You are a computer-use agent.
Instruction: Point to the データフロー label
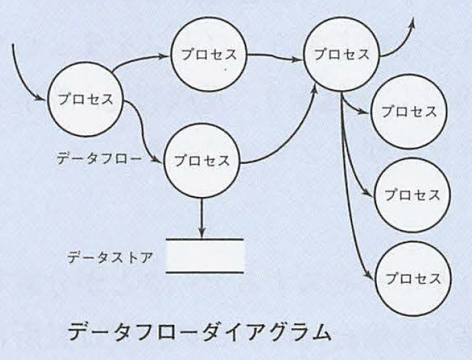99,158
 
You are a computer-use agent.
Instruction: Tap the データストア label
110,257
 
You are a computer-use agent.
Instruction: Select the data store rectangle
205,256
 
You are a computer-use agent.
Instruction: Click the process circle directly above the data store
202,160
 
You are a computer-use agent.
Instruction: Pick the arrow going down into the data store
202,218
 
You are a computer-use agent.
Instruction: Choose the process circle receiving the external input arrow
85,99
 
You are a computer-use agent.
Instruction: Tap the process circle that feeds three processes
341,54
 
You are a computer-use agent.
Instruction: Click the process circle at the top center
209,54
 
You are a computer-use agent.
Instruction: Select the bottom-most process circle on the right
413,279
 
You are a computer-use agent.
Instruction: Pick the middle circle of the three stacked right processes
412,195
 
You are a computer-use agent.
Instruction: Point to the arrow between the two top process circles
274,56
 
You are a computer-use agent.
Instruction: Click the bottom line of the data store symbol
205,273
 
